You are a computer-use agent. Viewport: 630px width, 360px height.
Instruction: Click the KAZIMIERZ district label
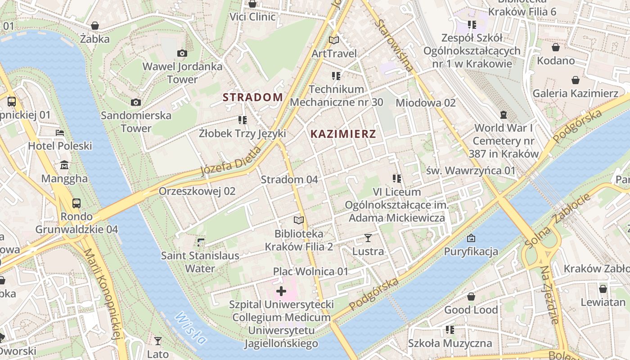coord(343,134)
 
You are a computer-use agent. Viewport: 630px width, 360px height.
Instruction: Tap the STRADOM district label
coord(253,97)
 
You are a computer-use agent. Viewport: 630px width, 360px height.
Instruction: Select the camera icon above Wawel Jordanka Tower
coord(182,54)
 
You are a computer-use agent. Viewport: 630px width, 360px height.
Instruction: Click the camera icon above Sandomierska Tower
coord(135,103)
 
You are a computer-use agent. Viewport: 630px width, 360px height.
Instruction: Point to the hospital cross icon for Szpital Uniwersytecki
coord(281,291)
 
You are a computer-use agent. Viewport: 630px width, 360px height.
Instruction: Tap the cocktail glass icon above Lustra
coord(368,238)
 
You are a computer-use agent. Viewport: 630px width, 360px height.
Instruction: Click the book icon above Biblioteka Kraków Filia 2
coord(298,220)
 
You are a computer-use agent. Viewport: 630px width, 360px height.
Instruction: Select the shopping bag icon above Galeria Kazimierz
coord(575,81)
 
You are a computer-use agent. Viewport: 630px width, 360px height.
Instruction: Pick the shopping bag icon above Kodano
coord(556,47)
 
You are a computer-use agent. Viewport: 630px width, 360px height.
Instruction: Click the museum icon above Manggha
coord(64,165)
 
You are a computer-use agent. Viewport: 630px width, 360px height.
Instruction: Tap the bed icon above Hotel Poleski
coord(60,133)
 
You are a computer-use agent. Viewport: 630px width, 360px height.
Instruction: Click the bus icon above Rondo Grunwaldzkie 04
coord(76,203)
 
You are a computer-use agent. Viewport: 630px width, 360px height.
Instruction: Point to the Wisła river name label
coord(191,329)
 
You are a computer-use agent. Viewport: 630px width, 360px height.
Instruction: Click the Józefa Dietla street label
coord(230,162)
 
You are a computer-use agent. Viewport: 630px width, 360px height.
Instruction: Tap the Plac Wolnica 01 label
coord(310,271)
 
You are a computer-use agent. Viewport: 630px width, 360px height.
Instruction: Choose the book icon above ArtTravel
coord(334,40)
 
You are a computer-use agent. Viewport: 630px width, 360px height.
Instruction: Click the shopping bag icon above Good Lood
coord(471,297)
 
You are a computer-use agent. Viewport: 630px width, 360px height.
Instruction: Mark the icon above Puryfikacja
coord(471,238)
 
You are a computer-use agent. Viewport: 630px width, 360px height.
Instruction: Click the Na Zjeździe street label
coord(550,295)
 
